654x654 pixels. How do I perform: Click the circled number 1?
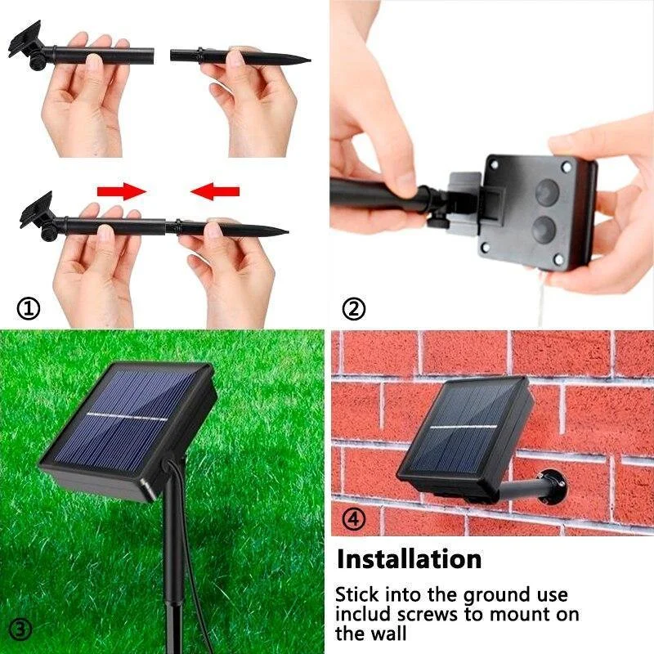[x=28, y=309]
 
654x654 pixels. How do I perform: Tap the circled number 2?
[x=353, y=309]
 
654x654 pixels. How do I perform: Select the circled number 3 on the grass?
[x=21, y=629]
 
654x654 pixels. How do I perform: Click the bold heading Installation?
[x=410, y=560]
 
